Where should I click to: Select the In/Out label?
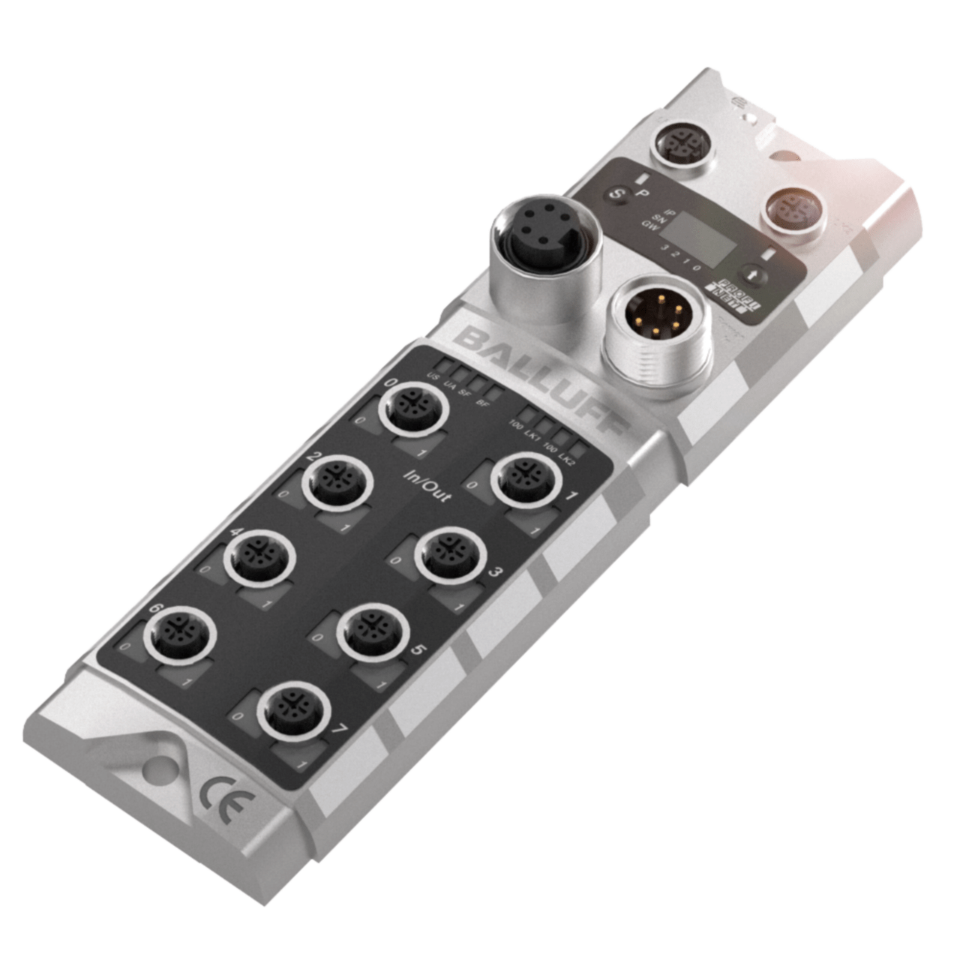click(427, 487)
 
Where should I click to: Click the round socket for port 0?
click(413, 409)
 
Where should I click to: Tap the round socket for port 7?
click(294, 709)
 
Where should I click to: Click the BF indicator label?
click(483, 402)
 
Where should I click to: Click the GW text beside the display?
click(649, 224)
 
